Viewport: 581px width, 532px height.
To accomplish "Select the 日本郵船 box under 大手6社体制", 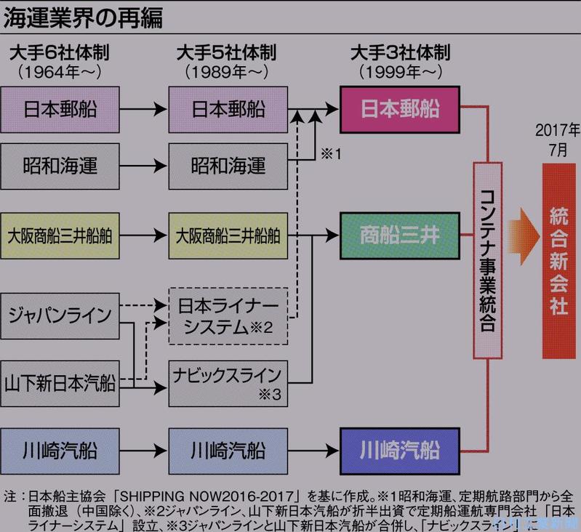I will point(60,110).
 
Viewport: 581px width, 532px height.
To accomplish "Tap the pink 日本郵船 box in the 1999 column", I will point(400,109).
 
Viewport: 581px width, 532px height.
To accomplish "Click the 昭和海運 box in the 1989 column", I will point(228,166).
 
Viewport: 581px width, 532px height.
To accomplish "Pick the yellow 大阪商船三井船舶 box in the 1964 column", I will point(60,235).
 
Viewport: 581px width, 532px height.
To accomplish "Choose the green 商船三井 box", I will point(400,235).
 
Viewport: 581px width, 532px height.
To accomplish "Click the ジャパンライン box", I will point(60,315).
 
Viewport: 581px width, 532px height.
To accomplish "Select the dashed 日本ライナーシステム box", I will point(228,316).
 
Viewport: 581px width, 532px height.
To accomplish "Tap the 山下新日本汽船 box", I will point(60,381).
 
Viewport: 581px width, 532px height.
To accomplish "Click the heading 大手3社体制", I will point(400,54).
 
